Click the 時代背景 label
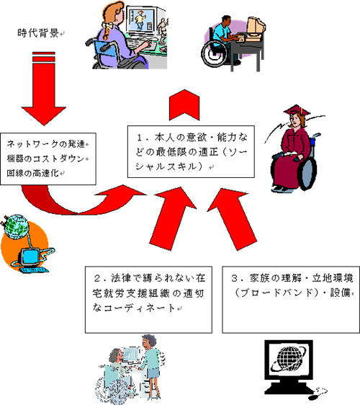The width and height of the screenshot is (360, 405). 38,33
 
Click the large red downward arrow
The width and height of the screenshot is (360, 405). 44,89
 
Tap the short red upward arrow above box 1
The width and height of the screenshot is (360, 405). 184,105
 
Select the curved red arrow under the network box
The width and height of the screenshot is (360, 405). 83,202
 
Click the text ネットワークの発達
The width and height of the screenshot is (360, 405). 45,144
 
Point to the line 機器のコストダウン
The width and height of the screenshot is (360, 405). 45,159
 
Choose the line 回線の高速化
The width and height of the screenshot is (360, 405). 32,173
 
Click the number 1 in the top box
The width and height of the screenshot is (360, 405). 140,138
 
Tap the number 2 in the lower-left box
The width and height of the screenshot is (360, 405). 97,278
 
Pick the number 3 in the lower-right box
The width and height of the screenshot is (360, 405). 234,278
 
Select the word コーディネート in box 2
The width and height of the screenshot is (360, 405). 140,308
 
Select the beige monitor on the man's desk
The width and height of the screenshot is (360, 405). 256,28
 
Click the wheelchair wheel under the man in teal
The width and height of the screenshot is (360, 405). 215,54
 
